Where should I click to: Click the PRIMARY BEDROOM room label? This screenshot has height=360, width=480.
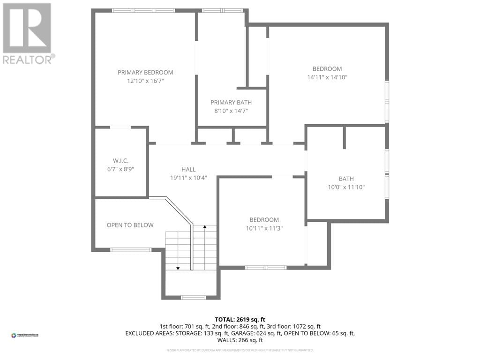[145, 72]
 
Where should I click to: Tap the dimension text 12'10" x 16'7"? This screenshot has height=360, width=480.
[145, 81]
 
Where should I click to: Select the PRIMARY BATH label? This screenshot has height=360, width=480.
[231, 102]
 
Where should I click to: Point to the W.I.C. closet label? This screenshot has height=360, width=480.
[120, 160]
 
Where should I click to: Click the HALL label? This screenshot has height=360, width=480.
[189, 169]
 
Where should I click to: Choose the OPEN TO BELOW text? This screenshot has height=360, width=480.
[130, 225]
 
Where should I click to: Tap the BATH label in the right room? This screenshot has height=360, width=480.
[346, 179]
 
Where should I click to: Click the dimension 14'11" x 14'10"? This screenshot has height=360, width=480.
[327, 77]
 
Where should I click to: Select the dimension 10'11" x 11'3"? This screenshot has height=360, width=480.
[264, 228]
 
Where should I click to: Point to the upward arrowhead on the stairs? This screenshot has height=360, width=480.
[205, 227]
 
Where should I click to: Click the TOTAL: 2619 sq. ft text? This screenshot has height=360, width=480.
[240, 318]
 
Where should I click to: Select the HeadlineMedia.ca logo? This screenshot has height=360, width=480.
[25, 335]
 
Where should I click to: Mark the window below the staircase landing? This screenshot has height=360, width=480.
[193, 297]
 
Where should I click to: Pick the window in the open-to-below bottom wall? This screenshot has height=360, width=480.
[130, 249]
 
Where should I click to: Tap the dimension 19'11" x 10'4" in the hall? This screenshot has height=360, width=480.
[189, 178]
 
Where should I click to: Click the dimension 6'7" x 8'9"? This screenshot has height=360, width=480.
[120, 169]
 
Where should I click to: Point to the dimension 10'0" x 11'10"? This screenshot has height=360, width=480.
[346, 187]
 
